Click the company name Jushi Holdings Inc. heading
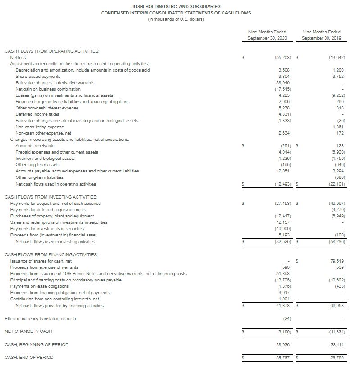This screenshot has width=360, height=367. pos(176,7)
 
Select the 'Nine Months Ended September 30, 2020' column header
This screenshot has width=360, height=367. pos(267,35)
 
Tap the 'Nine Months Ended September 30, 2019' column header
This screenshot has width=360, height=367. pos(322,35)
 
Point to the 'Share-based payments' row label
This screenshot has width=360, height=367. pos(38,77)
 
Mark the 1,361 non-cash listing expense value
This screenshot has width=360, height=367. pos(334,127)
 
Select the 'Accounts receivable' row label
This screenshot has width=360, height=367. pos(35,146)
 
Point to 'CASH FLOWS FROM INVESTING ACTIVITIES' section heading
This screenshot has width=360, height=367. pos(51,197)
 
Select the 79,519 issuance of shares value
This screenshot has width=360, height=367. pos(334,261)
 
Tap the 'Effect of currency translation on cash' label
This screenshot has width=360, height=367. pos(40,319)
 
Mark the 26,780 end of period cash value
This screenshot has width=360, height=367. pos(334,358)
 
